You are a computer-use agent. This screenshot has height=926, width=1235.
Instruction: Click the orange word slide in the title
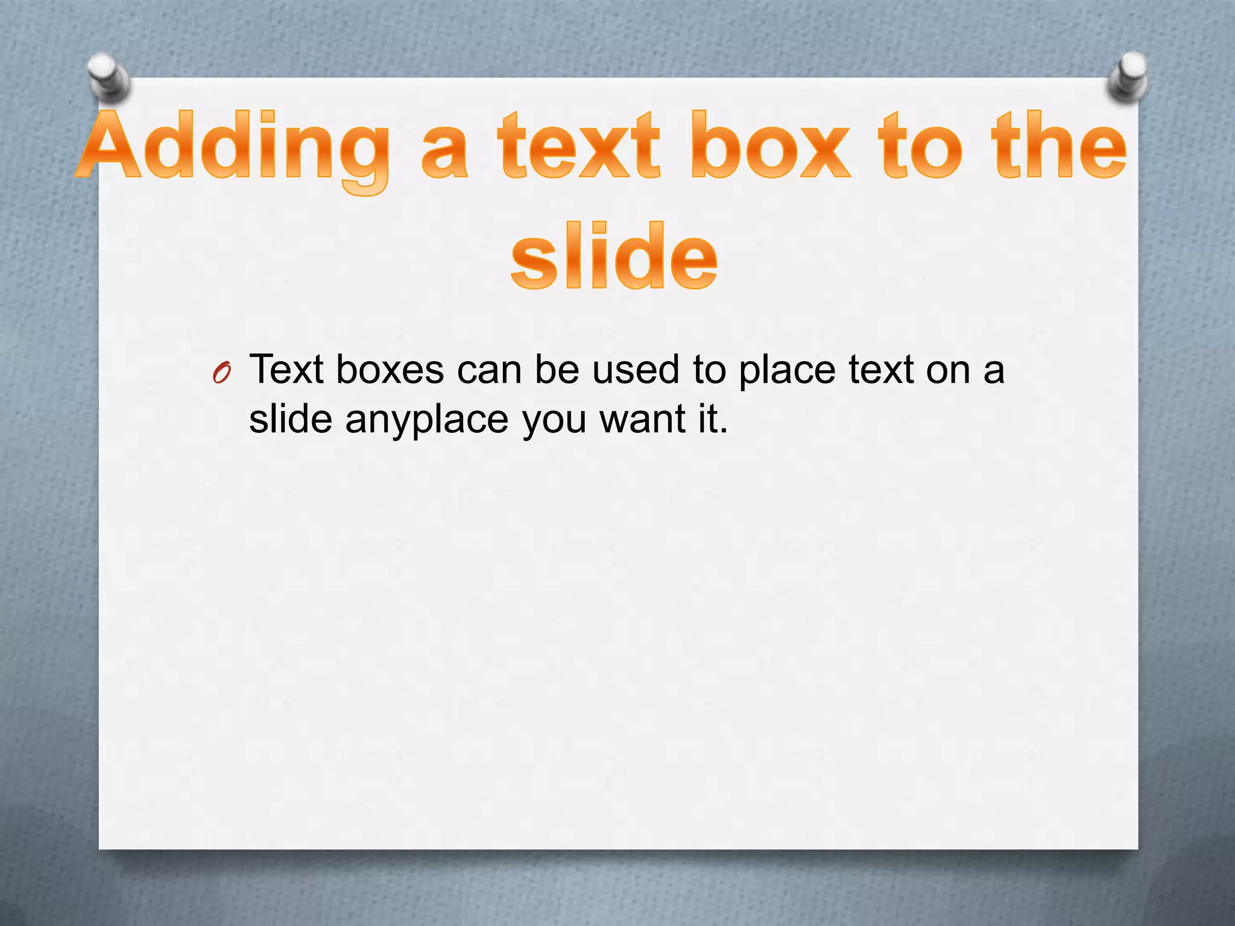click(614, 256)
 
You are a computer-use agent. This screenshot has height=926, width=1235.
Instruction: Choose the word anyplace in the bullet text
click(427, 420)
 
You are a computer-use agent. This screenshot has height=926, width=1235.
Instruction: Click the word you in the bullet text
click(554, 421)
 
